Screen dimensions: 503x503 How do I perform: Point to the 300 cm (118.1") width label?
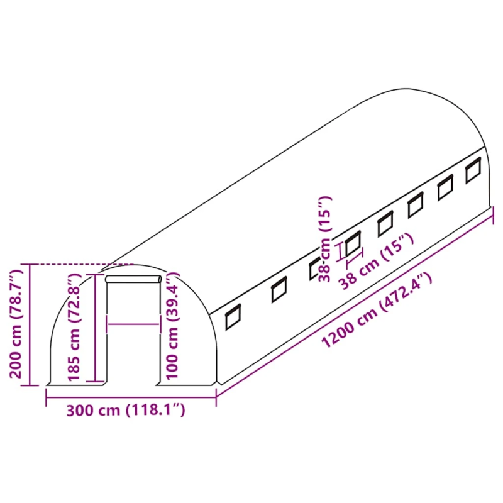click(126, 411)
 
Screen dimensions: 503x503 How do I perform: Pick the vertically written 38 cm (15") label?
click(325, 239)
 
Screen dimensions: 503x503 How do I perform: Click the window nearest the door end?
click(233, 316)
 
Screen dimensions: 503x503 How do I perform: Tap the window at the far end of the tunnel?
click(473, 171)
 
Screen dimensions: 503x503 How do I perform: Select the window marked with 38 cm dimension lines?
click(353, 244)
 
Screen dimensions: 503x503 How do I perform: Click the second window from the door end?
click(278, 289)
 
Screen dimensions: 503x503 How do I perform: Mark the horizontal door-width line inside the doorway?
click(133, 324)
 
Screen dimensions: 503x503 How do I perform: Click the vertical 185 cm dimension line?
click(96, 327)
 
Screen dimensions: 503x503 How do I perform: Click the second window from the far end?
click(446, 187)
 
